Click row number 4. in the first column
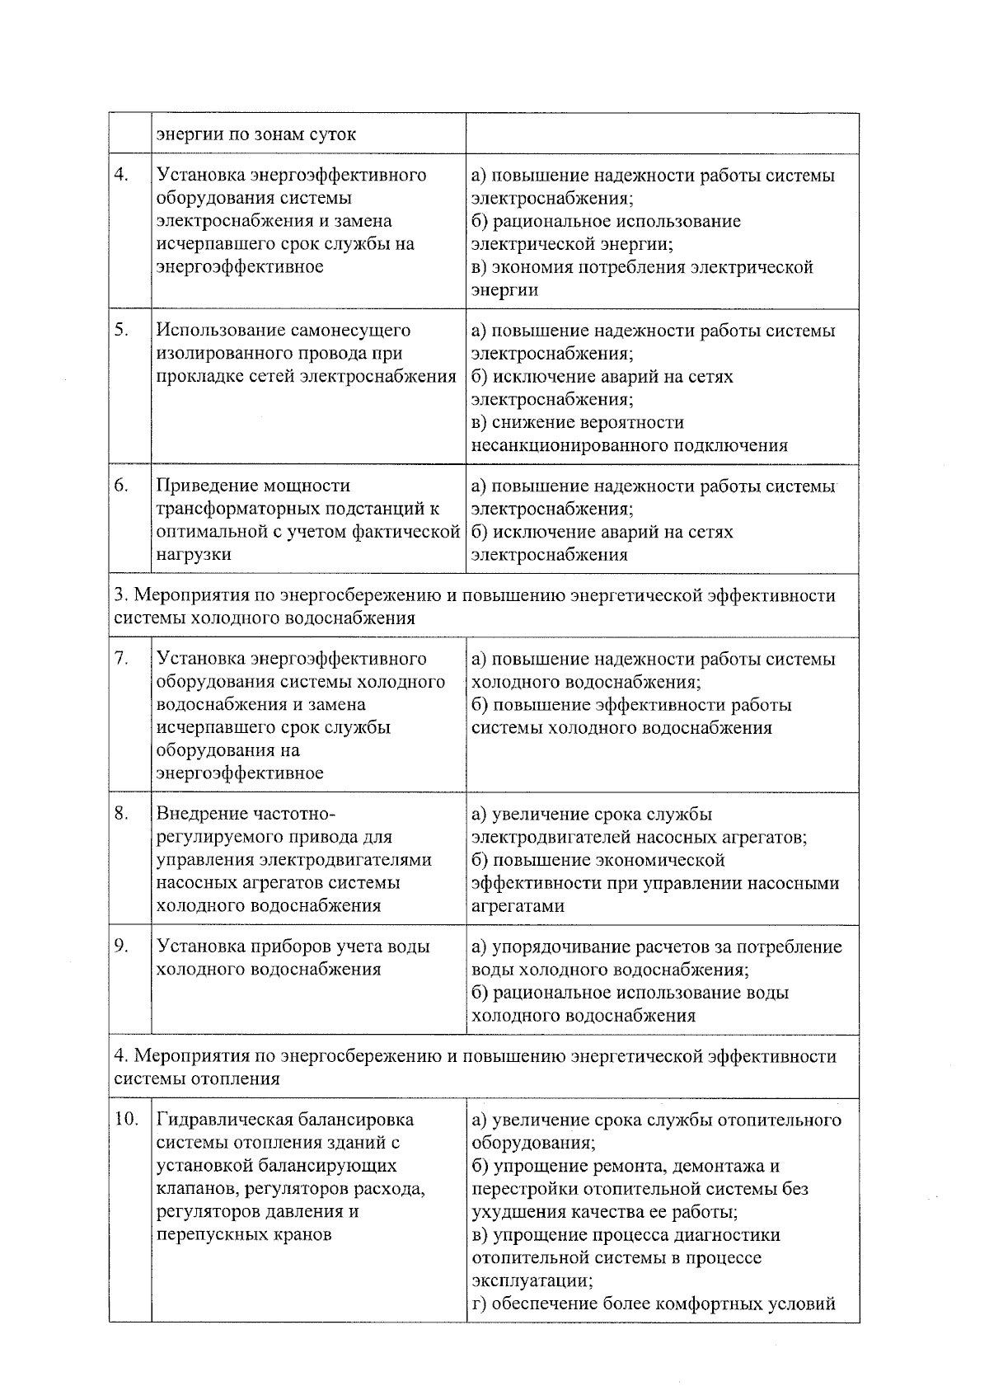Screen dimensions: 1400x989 click(121, 175)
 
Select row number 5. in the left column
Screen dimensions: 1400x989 click(121, 330)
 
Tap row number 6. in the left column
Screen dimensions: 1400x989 click(121, 486)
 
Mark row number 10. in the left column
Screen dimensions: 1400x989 click(126, 1120)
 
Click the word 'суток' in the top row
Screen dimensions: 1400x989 click(332, 134)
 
